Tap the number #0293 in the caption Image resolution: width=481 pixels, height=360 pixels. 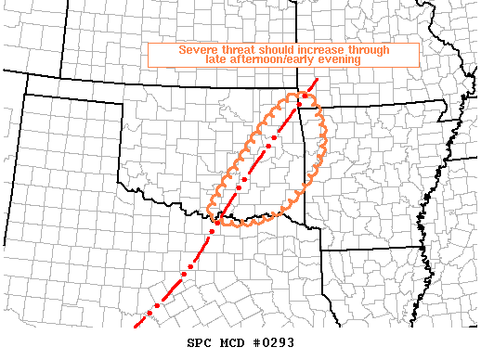274,342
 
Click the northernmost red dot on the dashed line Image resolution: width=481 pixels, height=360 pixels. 305,96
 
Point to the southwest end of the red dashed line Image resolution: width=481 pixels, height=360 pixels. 136,328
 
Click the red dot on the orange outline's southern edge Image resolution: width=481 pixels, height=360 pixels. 217,221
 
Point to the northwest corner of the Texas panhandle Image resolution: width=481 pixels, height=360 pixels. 27,94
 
